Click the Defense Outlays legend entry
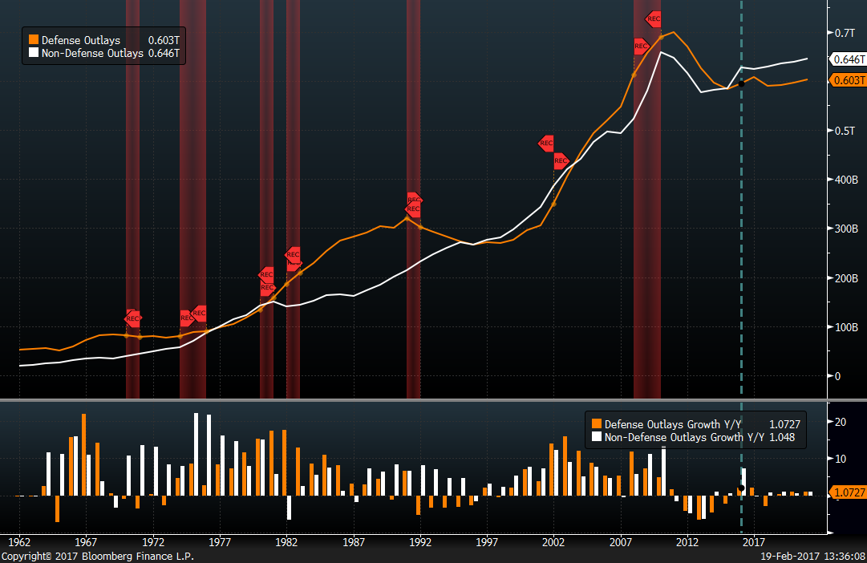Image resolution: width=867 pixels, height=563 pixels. [80, 39]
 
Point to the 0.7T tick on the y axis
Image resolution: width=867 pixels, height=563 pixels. [845, 33]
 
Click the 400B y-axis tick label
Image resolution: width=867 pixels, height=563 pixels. [845, 180]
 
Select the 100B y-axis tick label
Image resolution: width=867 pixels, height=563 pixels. [845, 327]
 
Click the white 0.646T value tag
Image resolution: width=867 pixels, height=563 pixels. [849, 59]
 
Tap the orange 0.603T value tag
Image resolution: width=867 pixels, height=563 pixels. [849, 80]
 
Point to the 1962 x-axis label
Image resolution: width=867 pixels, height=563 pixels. [19, 541]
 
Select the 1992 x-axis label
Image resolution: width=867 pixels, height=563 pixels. [420, 541]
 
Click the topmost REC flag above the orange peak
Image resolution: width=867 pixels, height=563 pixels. [654, 18]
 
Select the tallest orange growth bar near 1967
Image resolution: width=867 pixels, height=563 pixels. [83, 455]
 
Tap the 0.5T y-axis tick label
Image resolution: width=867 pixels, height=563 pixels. [845, 131]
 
